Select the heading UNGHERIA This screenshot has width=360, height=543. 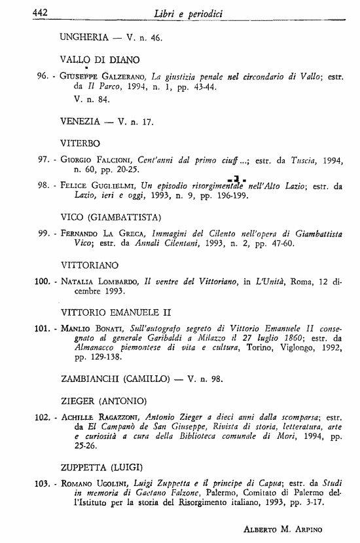(x=83, y=37)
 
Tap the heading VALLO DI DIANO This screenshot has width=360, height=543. (x=96, y=59)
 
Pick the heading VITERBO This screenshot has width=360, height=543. (x=80, y=142)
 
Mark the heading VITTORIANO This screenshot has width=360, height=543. (x=90, y=265)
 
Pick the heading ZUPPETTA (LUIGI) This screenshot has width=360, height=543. (x=101, y=467)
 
